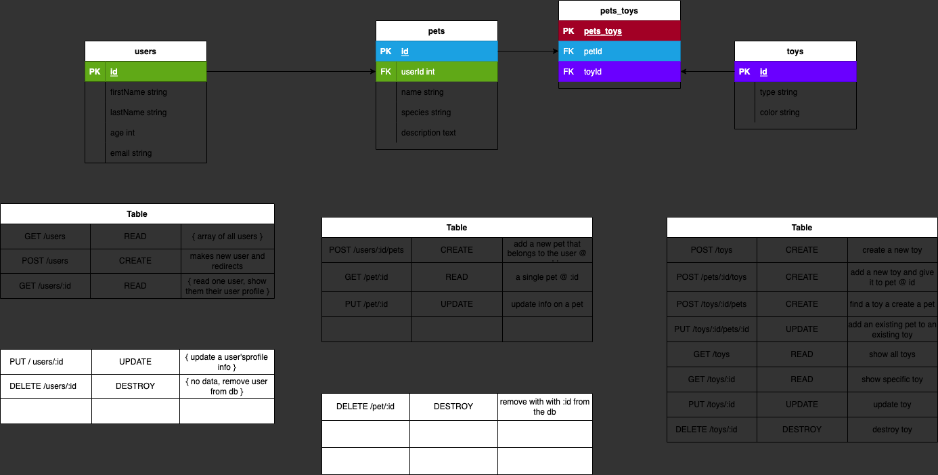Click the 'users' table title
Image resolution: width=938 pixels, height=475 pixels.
tap(146, 51)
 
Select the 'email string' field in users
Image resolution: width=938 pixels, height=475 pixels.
tap(131, 153)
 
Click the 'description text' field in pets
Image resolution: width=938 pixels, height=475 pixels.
tap(428, 133)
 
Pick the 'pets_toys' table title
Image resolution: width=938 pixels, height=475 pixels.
tap(619, 11)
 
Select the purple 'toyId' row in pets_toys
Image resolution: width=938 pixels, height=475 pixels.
tap(619, 72)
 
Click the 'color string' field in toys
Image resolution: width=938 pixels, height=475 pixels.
tap(780, 112)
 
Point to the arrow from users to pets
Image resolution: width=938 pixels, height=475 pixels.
tap(291, 72)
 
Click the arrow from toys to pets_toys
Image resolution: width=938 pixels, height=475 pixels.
tap(707, 72)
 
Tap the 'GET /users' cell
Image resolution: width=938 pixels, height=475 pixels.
tap(45, 236)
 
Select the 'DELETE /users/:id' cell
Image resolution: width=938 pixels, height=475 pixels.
tap(46, 386)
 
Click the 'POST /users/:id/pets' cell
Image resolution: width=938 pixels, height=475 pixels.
tap(366, 250)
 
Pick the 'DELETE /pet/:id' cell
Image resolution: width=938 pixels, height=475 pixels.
tap(365, 407)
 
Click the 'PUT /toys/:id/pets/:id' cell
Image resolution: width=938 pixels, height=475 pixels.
tap(711, 329)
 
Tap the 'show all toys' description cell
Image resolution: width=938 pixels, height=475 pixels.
tap(892, 354)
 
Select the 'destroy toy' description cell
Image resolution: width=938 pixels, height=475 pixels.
tap(892, 430)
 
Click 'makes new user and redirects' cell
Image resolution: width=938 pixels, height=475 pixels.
tap(227, 261)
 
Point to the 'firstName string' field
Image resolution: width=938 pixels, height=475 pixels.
tap(139, 92)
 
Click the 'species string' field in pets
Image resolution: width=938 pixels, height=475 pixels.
tap(426, 112)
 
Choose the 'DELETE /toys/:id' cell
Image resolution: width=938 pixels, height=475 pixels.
tap(711, 430)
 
